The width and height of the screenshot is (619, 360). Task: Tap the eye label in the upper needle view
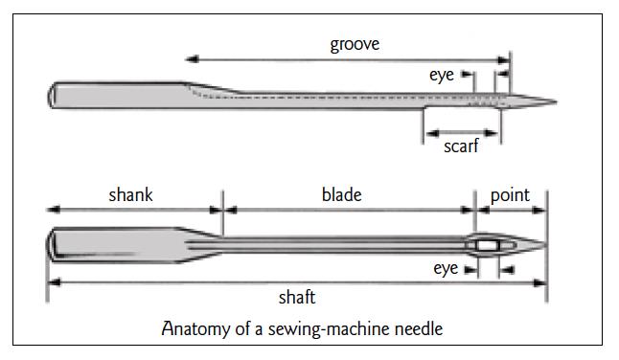coord(442,75)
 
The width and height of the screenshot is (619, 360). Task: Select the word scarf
coord(461,147)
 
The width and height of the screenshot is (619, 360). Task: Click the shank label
coord(130,195)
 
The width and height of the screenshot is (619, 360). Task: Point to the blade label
coord(341,195)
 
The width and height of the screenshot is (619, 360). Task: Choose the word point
coord(510,195)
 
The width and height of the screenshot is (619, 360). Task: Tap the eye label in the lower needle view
coord(446,269)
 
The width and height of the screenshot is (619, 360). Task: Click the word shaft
coord(297,298)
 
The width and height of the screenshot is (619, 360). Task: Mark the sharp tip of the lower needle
coord(545,245)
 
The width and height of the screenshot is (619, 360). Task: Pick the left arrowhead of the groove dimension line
coord(189,58)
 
